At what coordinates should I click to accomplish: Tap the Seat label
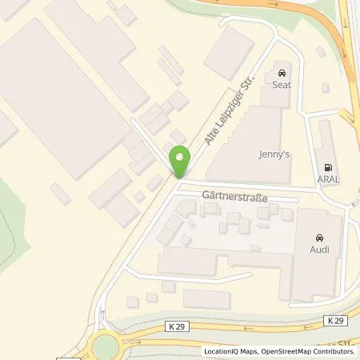coord(282,84)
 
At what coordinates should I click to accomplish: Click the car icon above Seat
coord(282,71)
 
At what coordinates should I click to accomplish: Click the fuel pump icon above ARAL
coord(327,167)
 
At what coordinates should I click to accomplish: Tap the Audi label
coord(319,250)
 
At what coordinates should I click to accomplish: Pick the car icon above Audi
coord(319,237)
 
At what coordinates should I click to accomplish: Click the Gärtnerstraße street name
coord(235,195)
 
